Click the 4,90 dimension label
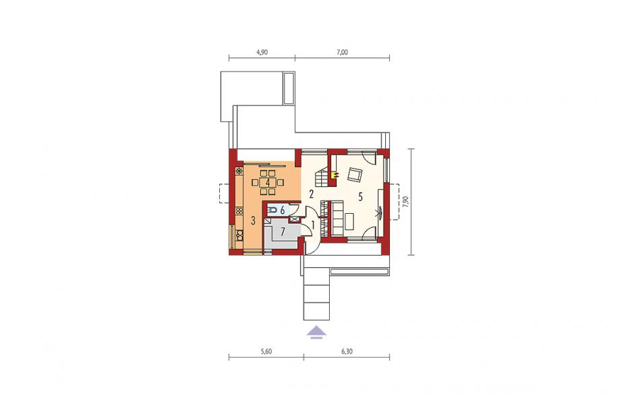coord(262,52)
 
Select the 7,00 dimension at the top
coord(342,52)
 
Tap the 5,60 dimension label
coord(266,351)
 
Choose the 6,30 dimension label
coord(347,351)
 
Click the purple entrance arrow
coord(316,332)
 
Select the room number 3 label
coord(253,221)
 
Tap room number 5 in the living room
coord(360,197)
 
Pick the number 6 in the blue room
coord(282,210)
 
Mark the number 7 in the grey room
coord(283,232)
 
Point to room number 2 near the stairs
coord(312,194)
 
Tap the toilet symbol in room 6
coord(272,210)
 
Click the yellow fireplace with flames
coord(335,175)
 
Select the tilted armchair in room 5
coord(355,174)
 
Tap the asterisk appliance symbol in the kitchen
coord(239,171)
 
